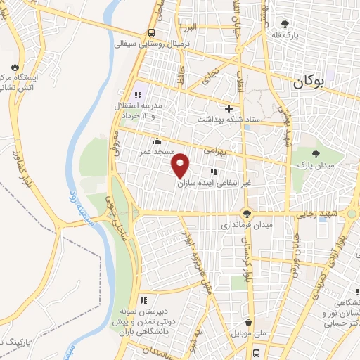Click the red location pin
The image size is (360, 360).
point(181,165)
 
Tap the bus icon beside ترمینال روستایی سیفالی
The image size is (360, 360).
point(152,32)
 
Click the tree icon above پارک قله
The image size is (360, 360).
point(285,25)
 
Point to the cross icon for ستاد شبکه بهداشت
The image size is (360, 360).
point(229,108)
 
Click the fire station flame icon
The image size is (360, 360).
point(13,66)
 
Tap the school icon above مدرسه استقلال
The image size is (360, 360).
point(139,95)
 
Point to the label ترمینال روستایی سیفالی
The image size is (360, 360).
point(153,44)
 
